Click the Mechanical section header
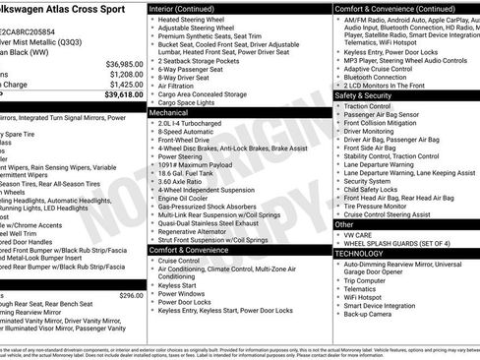169,113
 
